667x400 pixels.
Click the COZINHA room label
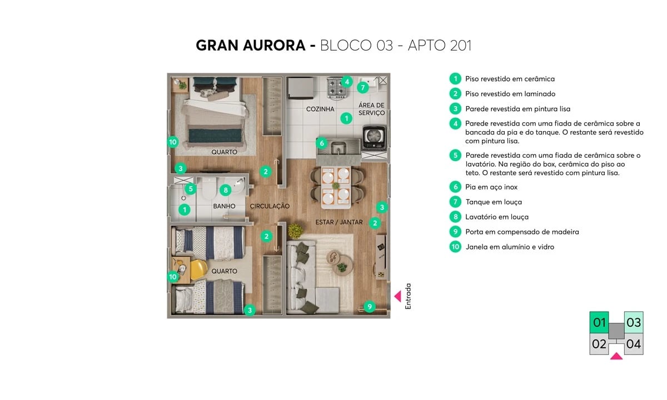tap(320, 109)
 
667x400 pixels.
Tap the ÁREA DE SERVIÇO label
tap(371, 109)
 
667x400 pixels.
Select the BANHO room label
tap(224, 206)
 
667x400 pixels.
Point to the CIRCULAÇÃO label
tap(270, 206)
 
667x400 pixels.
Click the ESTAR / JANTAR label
tap(339, 222)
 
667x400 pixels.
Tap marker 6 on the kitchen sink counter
tap(322, 143)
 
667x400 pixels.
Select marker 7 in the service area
tap(362, 87)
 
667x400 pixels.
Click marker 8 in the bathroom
tap(225, 190)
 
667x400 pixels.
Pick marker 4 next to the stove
tap(346, 82)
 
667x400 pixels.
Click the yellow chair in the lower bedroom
tap(198, 270)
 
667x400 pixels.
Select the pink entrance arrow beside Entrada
tap(397, 297)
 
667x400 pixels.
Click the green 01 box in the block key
tap(599, 322)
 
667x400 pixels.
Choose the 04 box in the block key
tap(634, 344)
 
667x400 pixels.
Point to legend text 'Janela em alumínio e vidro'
tap(509, 247)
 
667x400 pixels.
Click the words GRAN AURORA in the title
tap(251, 46)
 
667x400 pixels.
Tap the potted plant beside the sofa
tap(295, 229)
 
